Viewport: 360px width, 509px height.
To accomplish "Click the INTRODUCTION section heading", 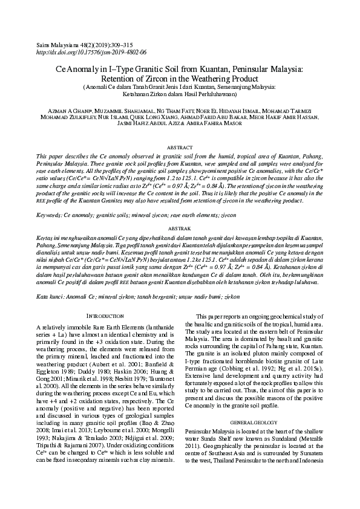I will pos(106,316).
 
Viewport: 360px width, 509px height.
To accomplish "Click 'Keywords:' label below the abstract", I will pos(49,215).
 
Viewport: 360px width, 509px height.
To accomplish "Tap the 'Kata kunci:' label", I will pos(49,297).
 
